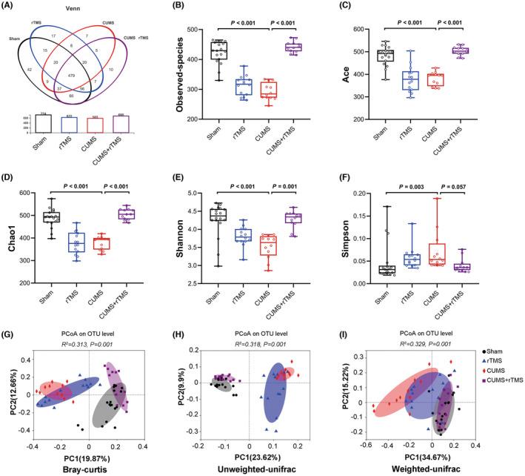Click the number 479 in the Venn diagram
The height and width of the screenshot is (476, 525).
click(x=72, y=96)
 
